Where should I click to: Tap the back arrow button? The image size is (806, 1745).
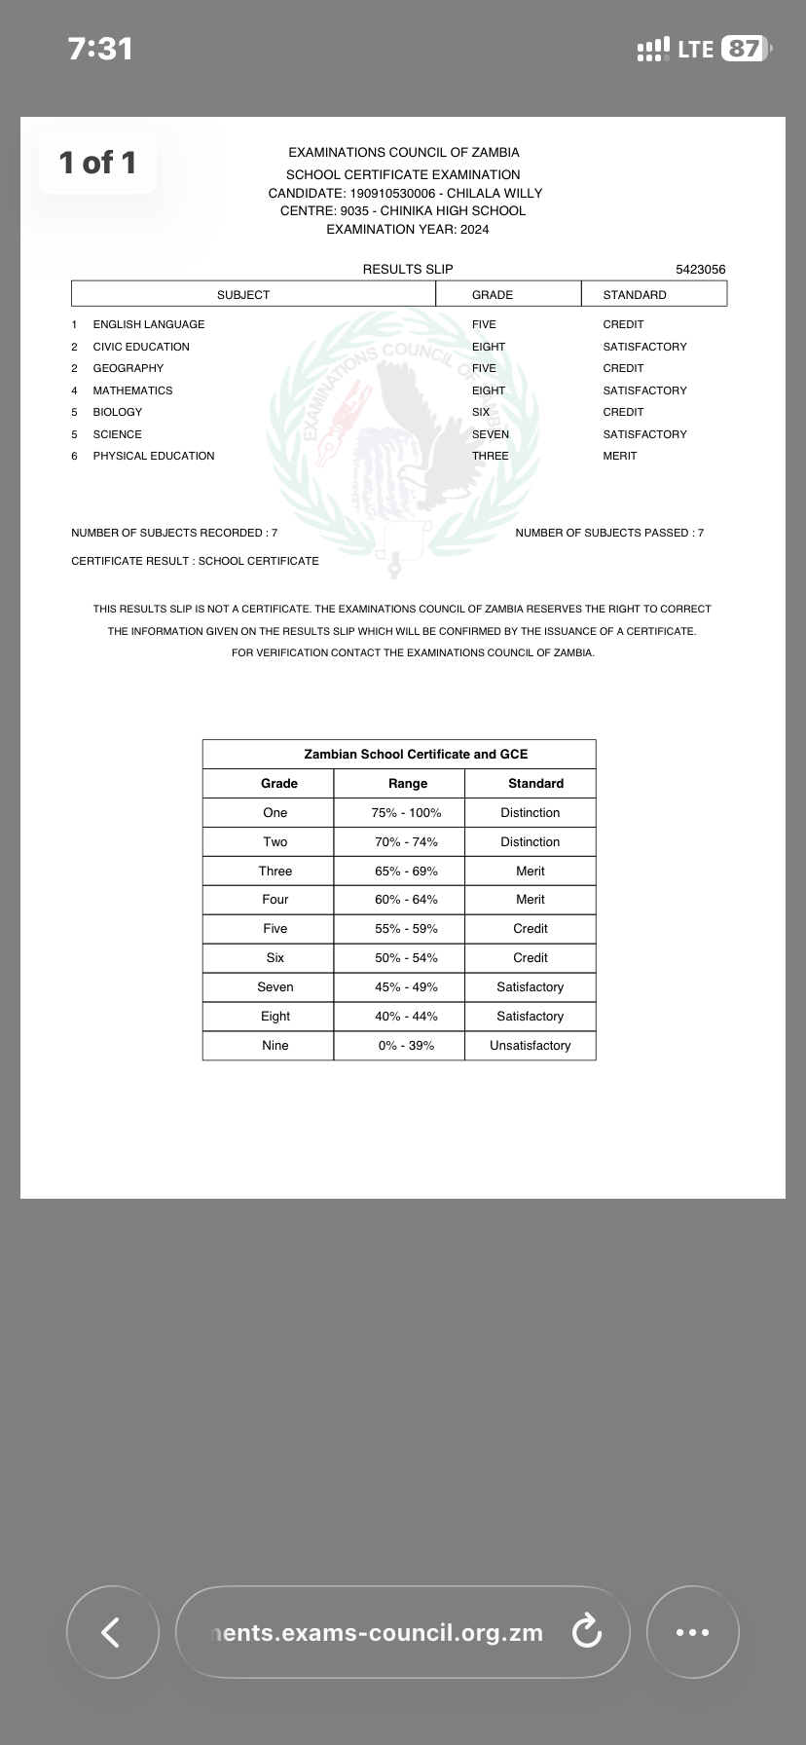(112, 1632)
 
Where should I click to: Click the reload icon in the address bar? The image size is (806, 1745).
(586, 1632)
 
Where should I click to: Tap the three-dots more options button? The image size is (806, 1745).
(692, 1632)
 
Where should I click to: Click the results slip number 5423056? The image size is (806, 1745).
(700, 270)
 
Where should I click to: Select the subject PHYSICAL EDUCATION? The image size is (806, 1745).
(154, 456)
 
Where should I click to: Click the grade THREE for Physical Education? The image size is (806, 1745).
(490, 456)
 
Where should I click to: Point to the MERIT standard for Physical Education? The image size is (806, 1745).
(619, 456)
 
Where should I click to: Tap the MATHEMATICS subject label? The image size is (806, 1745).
(132, 390)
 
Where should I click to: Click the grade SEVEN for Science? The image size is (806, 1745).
(490, 434)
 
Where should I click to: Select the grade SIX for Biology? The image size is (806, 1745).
(481, 412)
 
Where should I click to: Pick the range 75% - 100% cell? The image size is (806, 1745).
(406, 813)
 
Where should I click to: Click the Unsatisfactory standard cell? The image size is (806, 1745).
(530, 1046)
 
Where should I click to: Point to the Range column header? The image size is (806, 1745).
(407, 784)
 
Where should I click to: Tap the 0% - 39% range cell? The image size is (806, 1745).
(406, 1046)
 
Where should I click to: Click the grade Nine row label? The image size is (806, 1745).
(275, 1046)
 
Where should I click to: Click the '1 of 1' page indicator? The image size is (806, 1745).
(97, 163)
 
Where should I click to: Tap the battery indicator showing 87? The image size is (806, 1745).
(745, 49)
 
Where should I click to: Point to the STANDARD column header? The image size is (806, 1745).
(635, 295)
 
